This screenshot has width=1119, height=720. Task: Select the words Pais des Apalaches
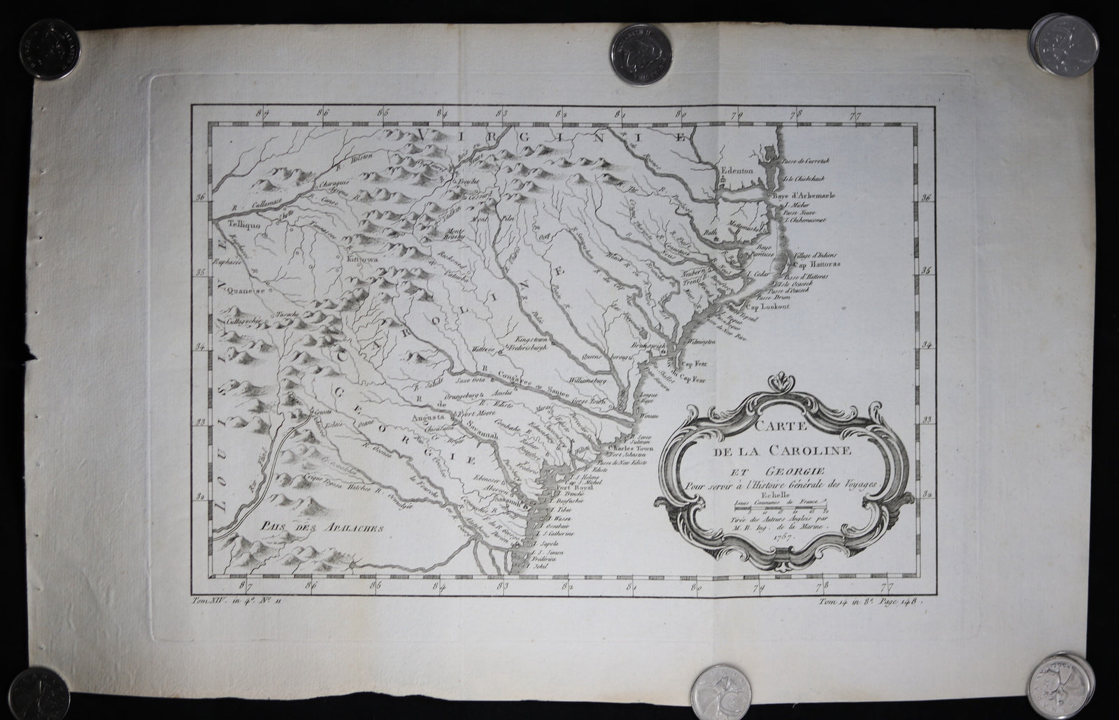click(x=309, y=528)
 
